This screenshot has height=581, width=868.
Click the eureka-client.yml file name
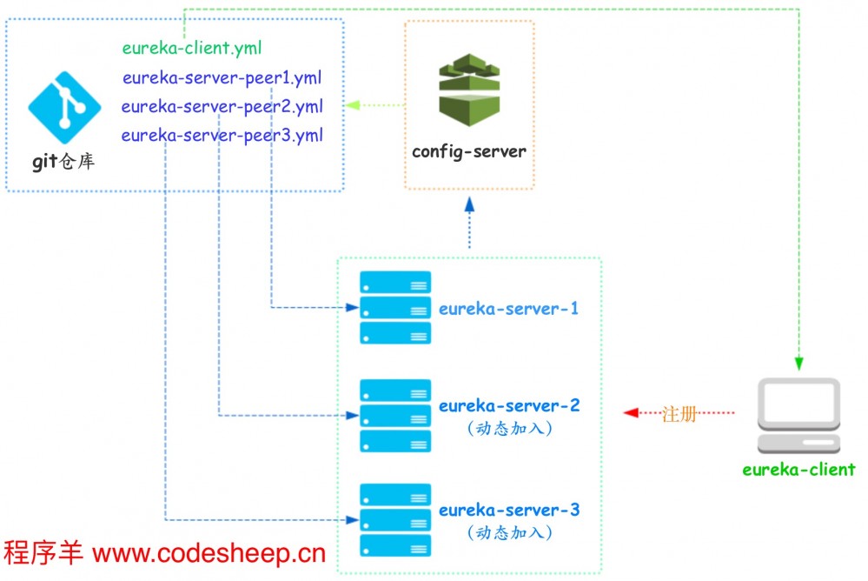pos(192,48)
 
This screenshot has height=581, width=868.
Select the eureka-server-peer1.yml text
pos(222,77)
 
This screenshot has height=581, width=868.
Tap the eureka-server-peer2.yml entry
pos(222,107)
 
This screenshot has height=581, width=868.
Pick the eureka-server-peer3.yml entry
pos(222,136)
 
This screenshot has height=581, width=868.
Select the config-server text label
pos(469,151)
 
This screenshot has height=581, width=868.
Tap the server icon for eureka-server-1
pos(395,308)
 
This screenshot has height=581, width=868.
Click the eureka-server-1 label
pos(508,309)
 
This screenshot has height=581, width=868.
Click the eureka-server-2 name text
pos(508,406)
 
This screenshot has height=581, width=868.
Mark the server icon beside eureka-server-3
pos(395,521)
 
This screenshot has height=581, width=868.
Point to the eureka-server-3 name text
pos(508,510)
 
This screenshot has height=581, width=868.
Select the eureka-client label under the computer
pos(798,470)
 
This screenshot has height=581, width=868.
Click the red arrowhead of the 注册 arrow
pos(631,412)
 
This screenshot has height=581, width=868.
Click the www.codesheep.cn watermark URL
pos(209,553)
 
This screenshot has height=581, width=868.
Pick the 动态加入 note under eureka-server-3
pos(508,532)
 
